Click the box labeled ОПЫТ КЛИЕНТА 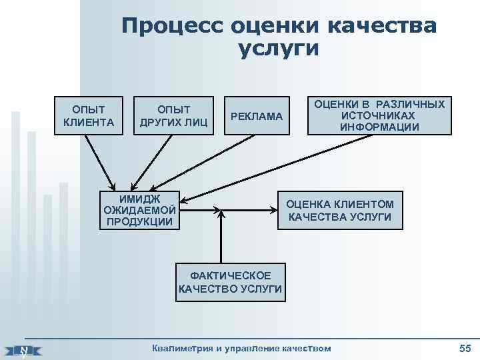(x=88, y=115)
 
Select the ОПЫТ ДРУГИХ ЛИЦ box (x=173, y=115)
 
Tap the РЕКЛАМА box (x=257, y=117)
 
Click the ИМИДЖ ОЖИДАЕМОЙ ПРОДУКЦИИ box (x=139, y=209)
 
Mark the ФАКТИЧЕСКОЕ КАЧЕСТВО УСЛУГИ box (x=230, y=282)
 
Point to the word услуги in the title (x=279, y=49)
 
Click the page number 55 (x=465, y=347)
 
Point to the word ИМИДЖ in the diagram (x=139, y=198)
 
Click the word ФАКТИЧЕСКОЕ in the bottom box (x=231, y=275)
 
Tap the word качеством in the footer (x=304, y=347)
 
